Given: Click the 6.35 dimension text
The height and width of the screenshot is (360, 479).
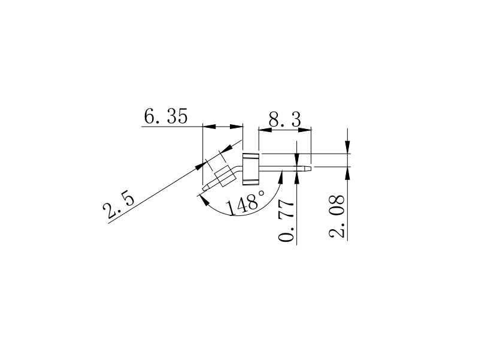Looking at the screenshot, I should tap(165, 116).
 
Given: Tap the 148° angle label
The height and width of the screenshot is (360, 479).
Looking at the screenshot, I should tap(245, 204).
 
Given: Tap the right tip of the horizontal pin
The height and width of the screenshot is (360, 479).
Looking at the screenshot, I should tap(310, 168).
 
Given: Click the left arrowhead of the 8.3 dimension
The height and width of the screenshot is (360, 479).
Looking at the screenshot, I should tap(261, 128).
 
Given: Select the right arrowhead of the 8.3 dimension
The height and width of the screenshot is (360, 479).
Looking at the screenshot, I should tap(309, 128).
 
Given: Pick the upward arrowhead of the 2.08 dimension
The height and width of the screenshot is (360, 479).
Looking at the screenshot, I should tap(348, 173).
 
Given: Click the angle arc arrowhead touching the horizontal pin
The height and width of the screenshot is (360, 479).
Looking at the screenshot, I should tap(282, 175).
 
